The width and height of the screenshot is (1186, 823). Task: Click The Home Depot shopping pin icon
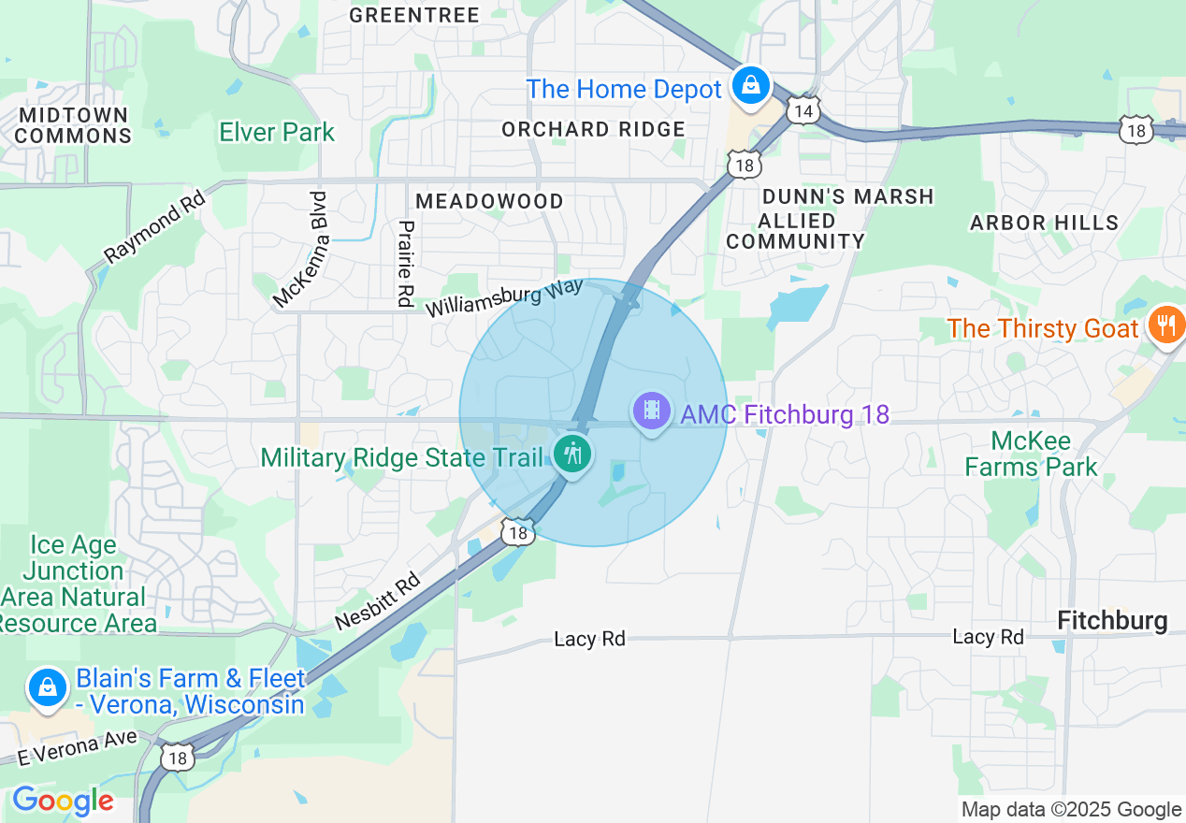tap(750, 86)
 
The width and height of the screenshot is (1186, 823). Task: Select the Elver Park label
tap(277, 133)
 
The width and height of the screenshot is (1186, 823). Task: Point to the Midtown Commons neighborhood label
tap(74, 125)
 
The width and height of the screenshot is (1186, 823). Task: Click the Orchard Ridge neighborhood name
tap(593, 129)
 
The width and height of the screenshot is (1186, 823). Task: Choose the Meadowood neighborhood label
tap(489, 201)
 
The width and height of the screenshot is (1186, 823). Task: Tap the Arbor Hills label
tap(1044, 223)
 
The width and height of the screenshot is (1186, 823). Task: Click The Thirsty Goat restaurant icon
tap(1165, 326)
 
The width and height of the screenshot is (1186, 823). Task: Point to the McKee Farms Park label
tap(1031, 454)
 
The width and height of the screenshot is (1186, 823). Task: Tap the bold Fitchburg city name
tap(1111, 620)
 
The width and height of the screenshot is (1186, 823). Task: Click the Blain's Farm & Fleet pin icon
tap(47, 688)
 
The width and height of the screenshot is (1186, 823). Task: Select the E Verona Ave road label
tap(77, 748)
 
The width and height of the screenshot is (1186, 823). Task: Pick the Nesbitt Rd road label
tap(379, 603)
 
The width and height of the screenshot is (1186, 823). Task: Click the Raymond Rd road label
tap(154, 227)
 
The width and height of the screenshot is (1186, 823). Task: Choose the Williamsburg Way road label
tap(504, 297)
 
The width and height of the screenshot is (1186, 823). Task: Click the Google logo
tap(63, 801)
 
